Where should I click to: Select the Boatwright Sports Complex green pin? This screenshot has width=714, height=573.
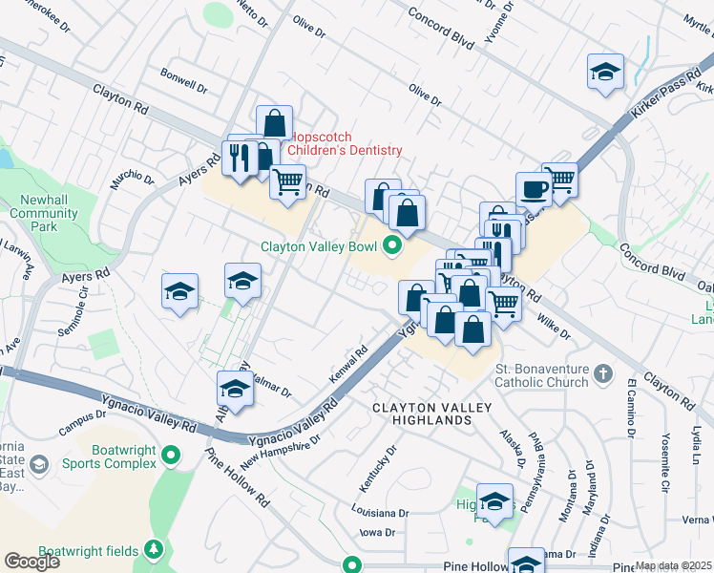coord(172,456)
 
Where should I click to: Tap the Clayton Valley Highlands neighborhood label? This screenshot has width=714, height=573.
coord(431,414)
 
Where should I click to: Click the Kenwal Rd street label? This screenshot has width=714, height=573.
coord(349,365)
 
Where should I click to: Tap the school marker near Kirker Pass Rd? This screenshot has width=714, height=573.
coord(605,74)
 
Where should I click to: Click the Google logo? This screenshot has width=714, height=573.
coord(31,562)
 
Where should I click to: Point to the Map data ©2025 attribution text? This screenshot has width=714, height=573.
coord(673,565)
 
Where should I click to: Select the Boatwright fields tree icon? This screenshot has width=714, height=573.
coord(153,549)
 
